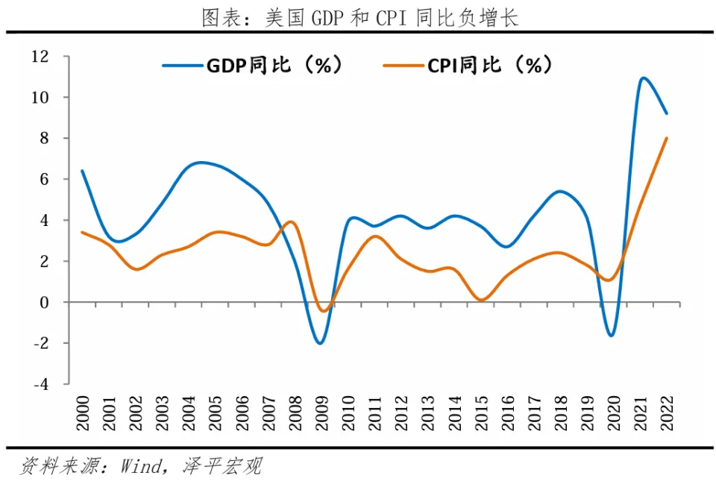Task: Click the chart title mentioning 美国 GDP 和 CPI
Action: click(x=359, y=18)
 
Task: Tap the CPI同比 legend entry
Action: click(x=468, y=66)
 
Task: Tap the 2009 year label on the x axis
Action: click(x=321, y=413)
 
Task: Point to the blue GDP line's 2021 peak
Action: click(x=643, y=78)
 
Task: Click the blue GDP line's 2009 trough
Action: click(x=320, y=343)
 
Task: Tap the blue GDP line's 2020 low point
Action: click(x=612, y=336)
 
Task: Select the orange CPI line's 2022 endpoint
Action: click(x=666, y=138)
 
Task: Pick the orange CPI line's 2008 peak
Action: click(x=292, y=221)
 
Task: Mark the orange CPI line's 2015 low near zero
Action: click(x=481, y=300)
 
